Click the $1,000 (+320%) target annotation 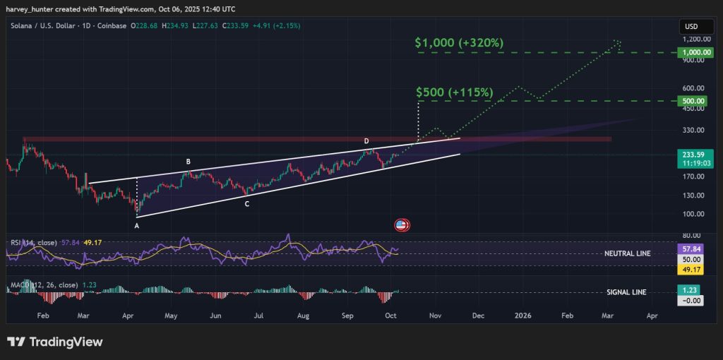(x=460, y=43)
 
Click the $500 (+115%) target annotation (x=454, y=92)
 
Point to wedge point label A (x=137, y=226)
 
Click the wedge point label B (x=188, y=162)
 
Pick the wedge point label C (x=246, y=204)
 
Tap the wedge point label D (x=366, y=142)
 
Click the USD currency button (x=691, y=27)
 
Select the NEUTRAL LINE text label (x=628, y=253)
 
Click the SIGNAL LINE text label (x=626, y=292)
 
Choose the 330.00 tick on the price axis (x=694, y=131)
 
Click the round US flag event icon (x=402, y=225)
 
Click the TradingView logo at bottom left (x=55, y=342)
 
